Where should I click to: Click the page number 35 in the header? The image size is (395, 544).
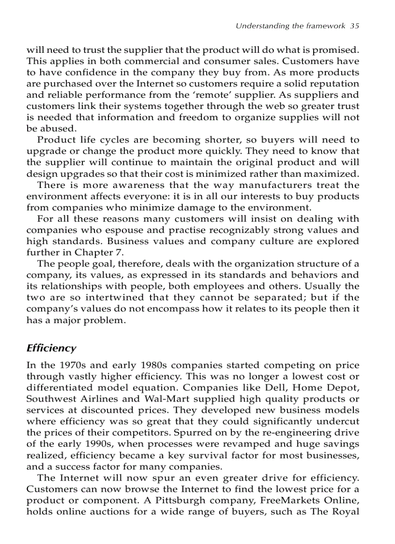coord(354,26)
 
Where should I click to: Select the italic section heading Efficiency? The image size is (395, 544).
coord(51,348)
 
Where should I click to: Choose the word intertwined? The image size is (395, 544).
coord(109,297)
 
